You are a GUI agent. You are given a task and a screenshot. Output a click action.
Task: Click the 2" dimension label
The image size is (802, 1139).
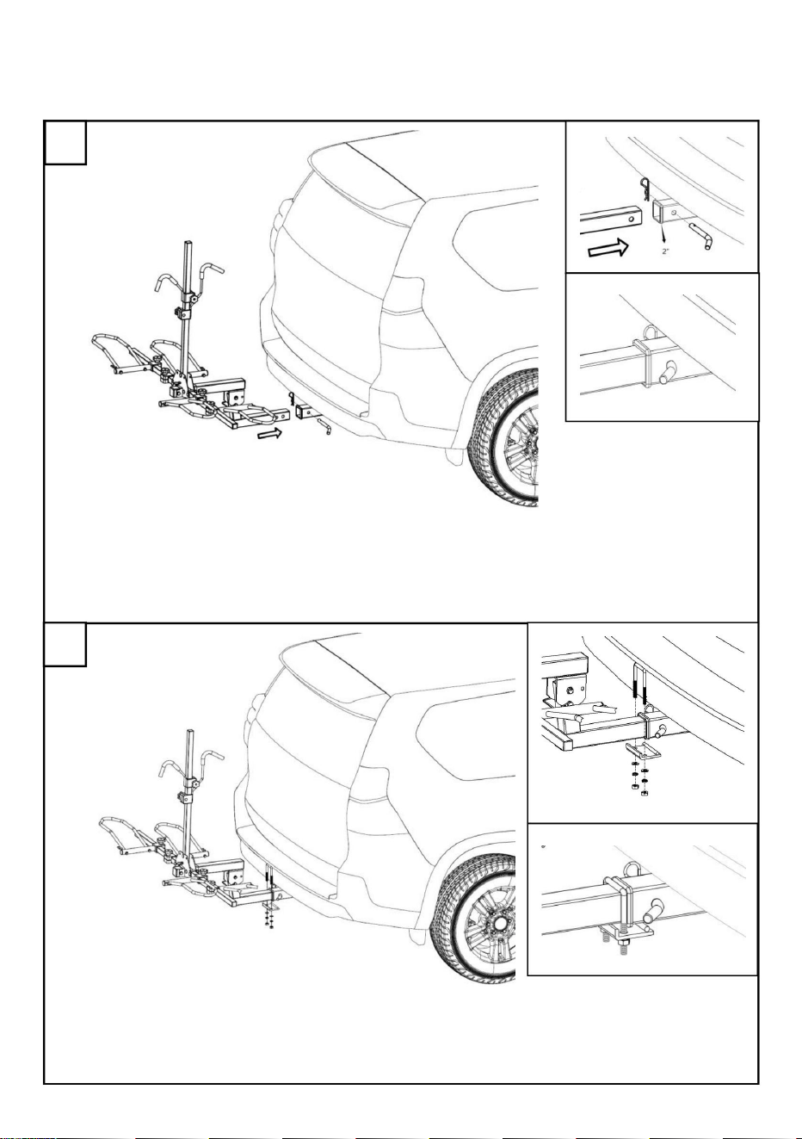pyautogui.click(x=665, y=251)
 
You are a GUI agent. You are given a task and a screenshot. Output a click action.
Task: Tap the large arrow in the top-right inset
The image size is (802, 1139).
pyautogui.click(x=608, y=248)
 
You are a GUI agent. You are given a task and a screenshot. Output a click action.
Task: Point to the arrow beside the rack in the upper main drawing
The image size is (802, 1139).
pyautogui.click(x=269, y=433)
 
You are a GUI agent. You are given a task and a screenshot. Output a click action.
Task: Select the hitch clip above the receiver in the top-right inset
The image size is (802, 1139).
pyautogui.click(x=645, y=189)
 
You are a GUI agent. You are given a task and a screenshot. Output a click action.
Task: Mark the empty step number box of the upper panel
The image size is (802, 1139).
pyautogui.click(x=65, y=142)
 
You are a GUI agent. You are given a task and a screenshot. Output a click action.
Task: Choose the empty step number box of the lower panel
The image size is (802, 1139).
pyautogui.click(x=65, y=644)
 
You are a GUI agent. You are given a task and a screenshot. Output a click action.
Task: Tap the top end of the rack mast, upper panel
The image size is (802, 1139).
pyautogui.click(x=188, y=242)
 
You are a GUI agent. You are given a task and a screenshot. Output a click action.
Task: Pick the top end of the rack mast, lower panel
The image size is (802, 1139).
pyautogui.click(x=192, y=732)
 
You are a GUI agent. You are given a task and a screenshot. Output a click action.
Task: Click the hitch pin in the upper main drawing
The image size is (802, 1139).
pyautogui.click(x=324, y=426)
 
